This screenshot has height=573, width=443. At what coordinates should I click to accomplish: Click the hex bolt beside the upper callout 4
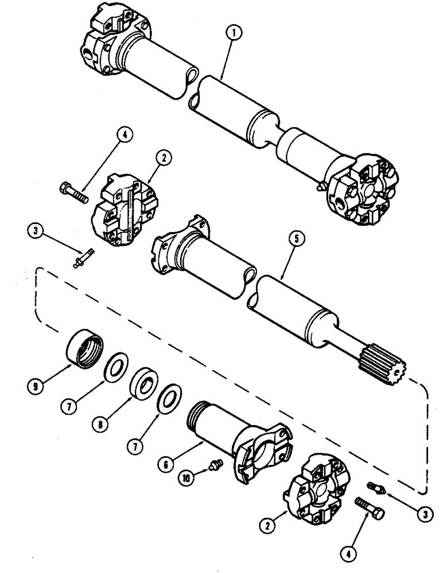coord(74,189)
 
